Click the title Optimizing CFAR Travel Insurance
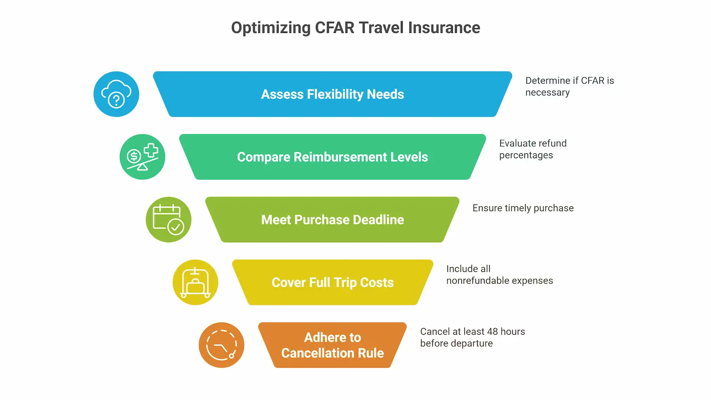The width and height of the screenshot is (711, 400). (355, 28)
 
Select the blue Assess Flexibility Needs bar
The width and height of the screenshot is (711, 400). (332, 94)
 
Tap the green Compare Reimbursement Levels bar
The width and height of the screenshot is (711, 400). (332, 157)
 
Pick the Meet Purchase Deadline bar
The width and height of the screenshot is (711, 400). (332, 220)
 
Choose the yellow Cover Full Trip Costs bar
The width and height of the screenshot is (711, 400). (332, 282)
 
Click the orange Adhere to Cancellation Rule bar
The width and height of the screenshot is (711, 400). (332, 345)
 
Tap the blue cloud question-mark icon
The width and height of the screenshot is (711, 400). (116, 94)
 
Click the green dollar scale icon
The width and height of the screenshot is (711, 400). (142, 157)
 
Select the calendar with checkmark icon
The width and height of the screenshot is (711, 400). (168, 220)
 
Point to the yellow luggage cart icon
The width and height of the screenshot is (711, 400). (195, 282)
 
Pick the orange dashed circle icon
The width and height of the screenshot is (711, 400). (221, 345)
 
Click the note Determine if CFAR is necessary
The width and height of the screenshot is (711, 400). (569, 86)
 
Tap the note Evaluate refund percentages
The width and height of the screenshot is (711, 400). (533, 149)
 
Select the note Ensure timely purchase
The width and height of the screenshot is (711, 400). (523, 208)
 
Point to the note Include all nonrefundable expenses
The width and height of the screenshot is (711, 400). (499, 275)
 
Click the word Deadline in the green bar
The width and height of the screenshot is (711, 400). (379, 220)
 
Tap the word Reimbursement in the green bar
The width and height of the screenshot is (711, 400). (340, 157)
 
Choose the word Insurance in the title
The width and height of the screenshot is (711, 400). (444, 28)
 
